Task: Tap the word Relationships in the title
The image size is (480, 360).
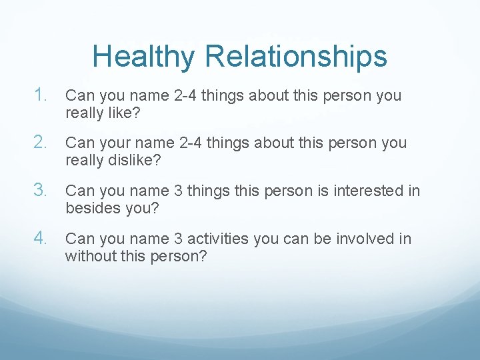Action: [296, 57]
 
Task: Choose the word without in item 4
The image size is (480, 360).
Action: [89, 257]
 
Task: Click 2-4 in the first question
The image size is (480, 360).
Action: [182, 95]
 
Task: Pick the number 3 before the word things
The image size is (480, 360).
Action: [178, 191]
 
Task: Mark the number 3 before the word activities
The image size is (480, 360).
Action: [178, 239]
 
